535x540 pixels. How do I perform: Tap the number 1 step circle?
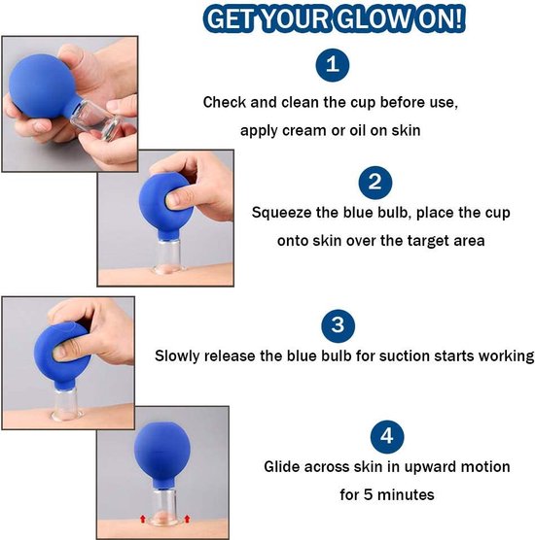pos(333,65)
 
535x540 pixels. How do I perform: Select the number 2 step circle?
pos(375,183)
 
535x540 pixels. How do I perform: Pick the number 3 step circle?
pos(339,325)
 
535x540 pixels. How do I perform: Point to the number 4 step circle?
pos(387,436)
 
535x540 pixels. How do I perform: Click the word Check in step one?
pos(224,102)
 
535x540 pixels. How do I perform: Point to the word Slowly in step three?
pos(177,356)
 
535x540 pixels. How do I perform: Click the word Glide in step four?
pos(282,466)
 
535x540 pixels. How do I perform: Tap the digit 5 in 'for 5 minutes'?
pos(368,495)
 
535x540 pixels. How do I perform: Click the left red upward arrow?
pos(142,519)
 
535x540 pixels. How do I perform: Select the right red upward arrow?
pos(187,519)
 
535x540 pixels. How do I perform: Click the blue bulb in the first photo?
pos(41,86)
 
